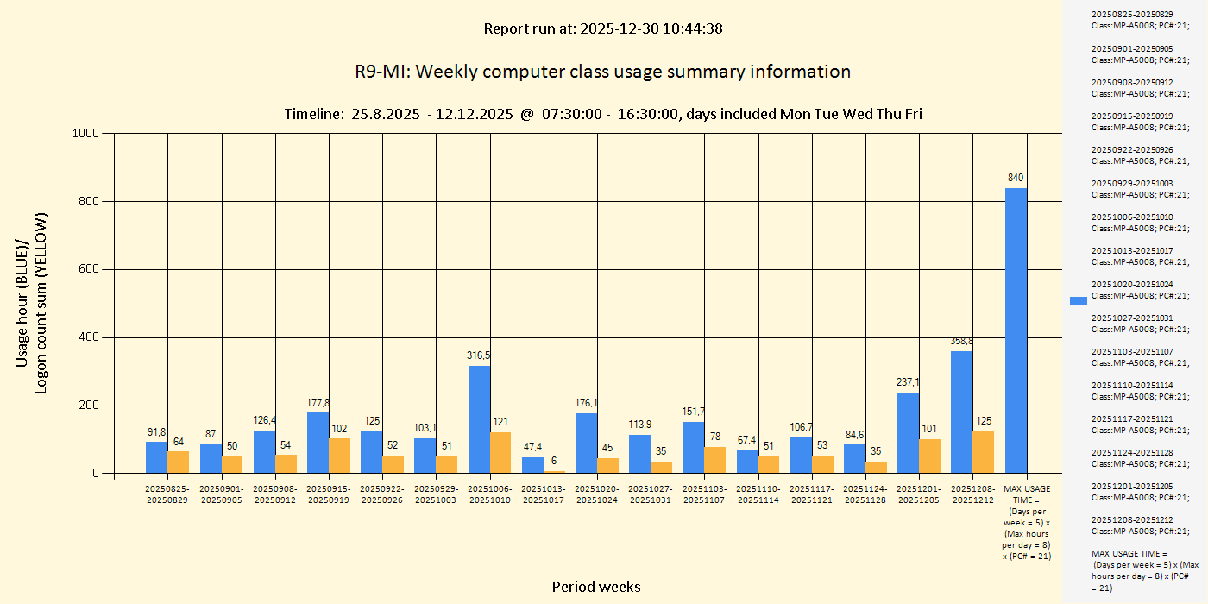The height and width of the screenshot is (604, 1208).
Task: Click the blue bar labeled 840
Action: click(x=1016, y=330)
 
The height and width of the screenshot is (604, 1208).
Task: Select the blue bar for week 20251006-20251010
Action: click(x=479, y=419)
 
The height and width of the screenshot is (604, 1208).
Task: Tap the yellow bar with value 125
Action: click(x=984, y=451)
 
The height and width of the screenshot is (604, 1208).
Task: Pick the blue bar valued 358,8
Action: click(x=962, y=412)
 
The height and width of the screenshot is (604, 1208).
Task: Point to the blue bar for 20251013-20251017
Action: click(x=532, y=465)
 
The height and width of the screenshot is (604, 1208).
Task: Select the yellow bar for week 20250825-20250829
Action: click(x=179, y=462)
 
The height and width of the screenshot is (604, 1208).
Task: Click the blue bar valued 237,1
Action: click(x=908, y=432)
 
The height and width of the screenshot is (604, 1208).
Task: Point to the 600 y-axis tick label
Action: click(x=88, y=269)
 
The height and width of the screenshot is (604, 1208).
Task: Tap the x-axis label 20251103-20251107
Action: click(x=705, y=494)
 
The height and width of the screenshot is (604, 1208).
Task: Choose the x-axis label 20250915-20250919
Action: click(x=329, y=494)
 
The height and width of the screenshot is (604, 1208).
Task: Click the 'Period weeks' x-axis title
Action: click(x=596, y=587)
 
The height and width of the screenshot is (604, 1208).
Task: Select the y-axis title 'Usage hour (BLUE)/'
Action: click(x=23, y=302)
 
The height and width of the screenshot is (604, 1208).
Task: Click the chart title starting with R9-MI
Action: click(x=602, y=72)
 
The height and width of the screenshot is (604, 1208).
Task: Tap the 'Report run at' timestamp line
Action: click(x=602, y=28)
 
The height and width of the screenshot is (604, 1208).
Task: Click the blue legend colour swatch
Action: click(x=1078, y=300)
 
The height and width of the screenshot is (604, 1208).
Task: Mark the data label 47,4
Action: click(x=532, y=447)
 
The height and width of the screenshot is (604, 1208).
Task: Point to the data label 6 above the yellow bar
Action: click(x=554, y=461)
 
